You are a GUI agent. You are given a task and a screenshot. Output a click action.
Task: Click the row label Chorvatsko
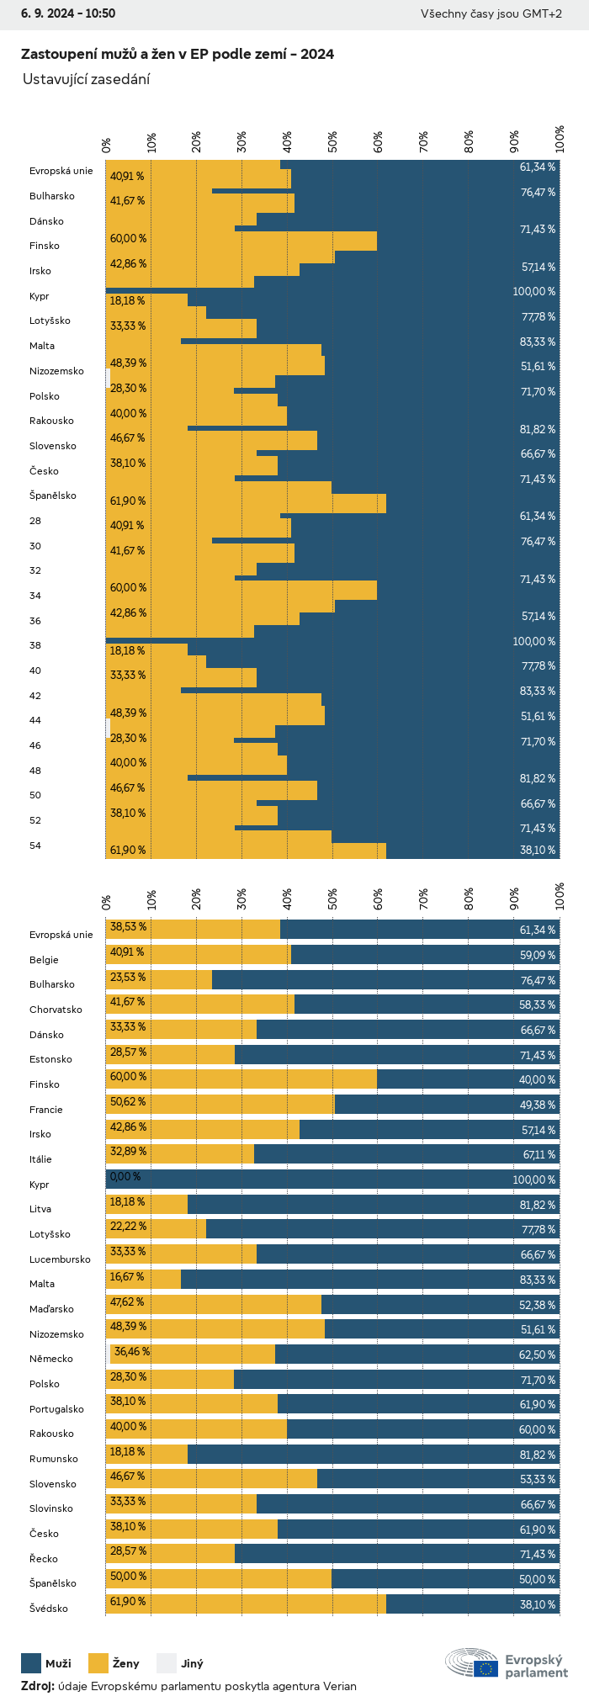click(56, 1010)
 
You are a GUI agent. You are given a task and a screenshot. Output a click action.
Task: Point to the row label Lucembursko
click(60, 1259)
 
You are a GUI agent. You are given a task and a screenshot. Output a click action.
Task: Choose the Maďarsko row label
click(51, 1309)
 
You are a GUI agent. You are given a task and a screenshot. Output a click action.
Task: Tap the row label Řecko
click(44, 1559)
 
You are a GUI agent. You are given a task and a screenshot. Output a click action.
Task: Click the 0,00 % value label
click(125, 1177)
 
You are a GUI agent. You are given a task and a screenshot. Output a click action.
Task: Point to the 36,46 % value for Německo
click(132, 1352)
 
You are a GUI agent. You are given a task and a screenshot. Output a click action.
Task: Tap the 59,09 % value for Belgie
click(538, 956)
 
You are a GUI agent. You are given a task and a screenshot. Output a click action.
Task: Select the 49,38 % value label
click(538, 1105)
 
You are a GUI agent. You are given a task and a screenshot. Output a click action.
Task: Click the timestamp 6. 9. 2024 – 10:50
click(68, 13)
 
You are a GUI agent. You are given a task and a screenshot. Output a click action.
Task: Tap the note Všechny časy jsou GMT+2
click(491, 13)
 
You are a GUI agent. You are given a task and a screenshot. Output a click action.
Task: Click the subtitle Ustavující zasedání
click(86, 79)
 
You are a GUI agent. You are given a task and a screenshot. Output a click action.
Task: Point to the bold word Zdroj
click(37, 1686)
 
